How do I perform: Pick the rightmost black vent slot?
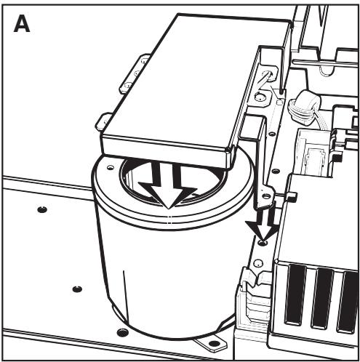(348, 302)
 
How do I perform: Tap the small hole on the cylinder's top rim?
(111, 166)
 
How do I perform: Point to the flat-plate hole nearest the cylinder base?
(120, 333)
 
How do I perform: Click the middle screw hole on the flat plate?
(76, 289)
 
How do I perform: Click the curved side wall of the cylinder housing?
(145, 276)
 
